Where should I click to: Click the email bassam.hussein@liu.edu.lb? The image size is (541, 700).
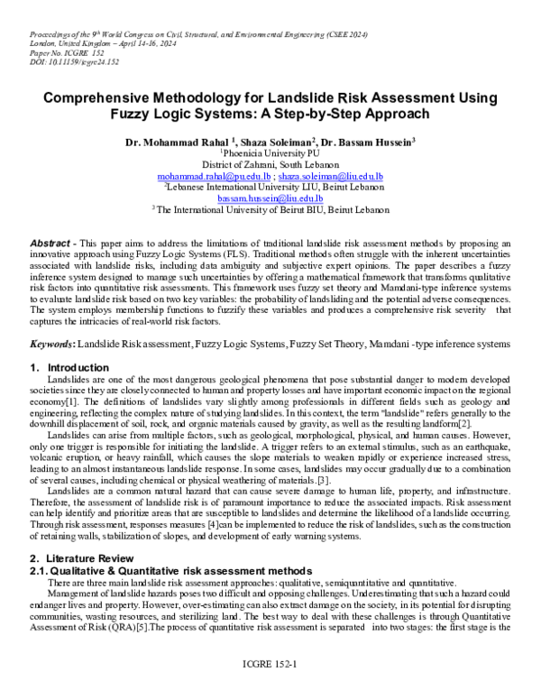point(270,198)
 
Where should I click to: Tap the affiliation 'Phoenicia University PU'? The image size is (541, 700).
point(270,154)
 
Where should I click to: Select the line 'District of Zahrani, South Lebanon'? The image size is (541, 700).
point(270,165)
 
